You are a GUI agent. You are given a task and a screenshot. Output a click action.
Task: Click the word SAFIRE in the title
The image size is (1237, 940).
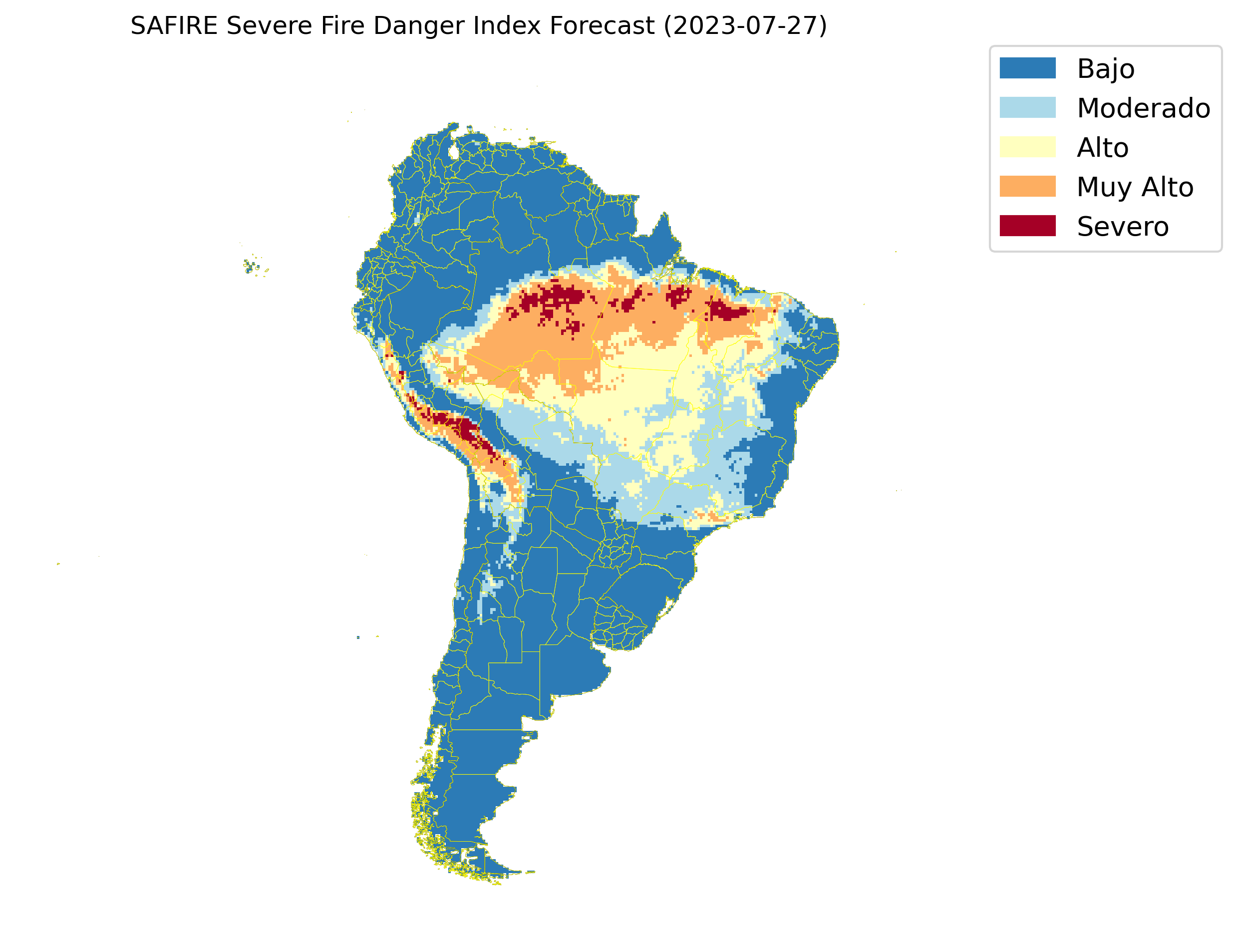(173, 26)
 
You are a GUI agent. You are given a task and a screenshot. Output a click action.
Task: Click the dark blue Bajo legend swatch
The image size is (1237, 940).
(1027, 68)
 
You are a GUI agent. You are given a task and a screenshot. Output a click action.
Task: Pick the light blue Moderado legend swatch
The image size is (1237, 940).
(1027, 107)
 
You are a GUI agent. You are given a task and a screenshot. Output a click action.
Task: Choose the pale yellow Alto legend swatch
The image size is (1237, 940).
(1027, 147)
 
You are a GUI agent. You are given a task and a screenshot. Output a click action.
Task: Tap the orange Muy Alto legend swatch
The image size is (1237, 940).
(1027, 186)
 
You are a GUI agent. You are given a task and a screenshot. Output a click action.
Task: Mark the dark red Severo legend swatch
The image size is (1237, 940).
(1027, 226)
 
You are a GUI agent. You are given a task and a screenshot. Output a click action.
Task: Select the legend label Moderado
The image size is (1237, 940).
(1143, 108)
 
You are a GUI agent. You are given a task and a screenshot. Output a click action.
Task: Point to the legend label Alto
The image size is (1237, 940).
(1102, 148)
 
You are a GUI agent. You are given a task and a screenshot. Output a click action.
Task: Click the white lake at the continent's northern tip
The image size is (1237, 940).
(454, 152)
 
